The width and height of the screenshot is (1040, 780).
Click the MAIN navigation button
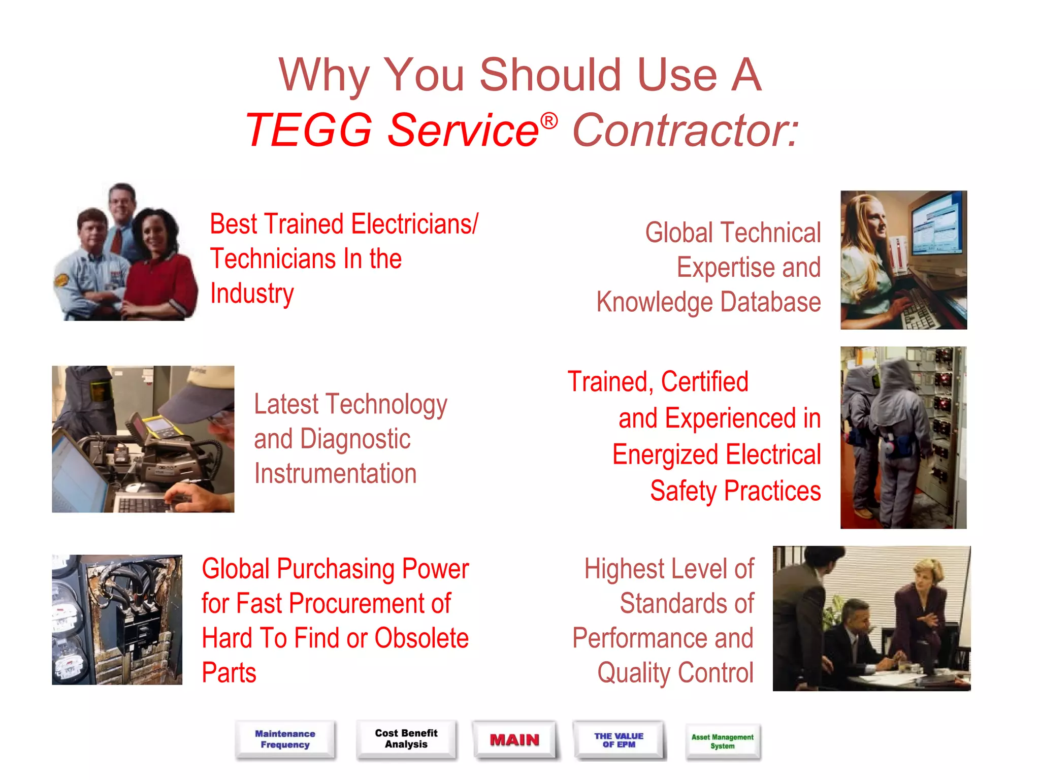pos(514,740)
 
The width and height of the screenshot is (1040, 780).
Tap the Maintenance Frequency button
pos(285,739)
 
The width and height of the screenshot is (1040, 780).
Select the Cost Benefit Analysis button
pos(406,739)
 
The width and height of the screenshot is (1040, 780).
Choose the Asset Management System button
pos(722,741)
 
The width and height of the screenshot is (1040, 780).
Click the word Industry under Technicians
pos(252,294)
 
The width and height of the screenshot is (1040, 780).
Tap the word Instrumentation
pos(335,473)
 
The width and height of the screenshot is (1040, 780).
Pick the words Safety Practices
pos(735,491)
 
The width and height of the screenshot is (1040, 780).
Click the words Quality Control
pos(675,672)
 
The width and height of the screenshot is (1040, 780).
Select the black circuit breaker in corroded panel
pos(133,630)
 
